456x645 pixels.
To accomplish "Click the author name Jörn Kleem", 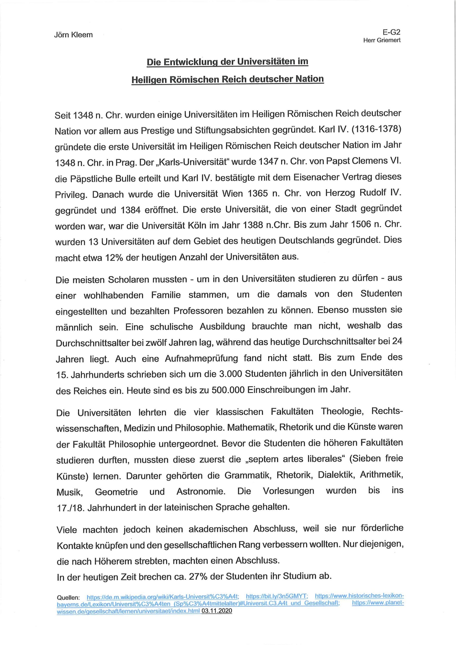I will pos(73,35).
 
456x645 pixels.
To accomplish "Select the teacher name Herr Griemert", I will pos(382,40).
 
